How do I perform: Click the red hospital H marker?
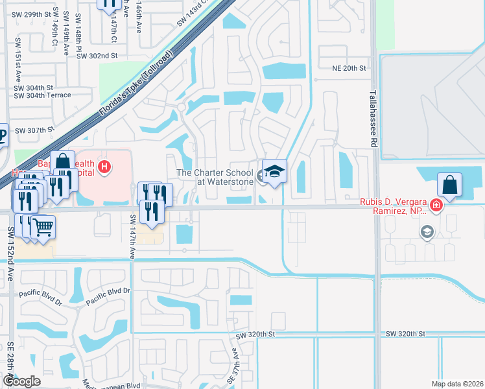point(104,168)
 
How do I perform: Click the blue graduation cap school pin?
point(274,172)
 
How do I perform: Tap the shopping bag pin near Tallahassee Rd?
point(449,185)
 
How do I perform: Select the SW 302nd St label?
point(97,56)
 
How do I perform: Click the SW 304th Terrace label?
point(42,95)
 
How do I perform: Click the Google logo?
point(21,381)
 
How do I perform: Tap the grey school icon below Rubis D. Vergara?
point(427,232)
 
